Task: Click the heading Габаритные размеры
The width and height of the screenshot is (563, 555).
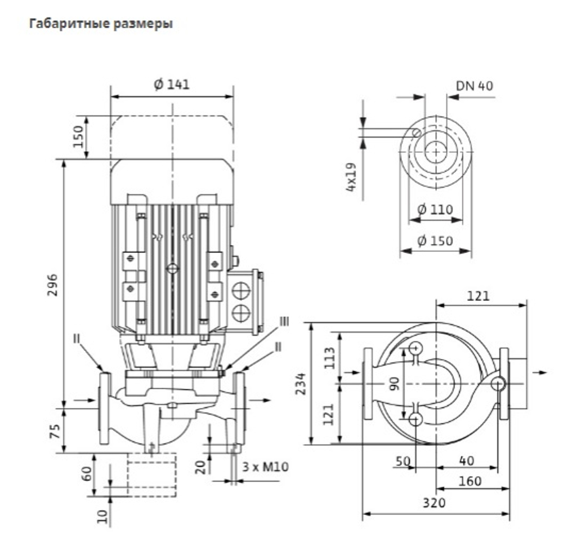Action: coord(101,24)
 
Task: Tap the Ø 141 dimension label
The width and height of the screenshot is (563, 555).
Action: coord(171,84)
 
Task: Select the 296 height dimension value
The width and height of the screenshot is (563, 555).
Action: coord(52,285)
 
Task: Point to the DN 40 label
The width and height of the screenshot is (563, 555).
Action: coord(474,86)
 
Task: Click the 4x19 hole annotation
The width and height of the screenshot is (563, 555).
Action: coord(351,177)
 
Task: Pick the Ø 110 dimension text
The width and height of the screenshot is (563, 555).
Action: coord(435,209)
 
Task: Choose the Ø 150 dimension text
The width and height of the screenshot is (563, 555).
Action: coord(435,241)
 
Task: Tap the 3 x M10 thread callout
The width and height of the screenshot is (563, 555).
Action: coord(265,467)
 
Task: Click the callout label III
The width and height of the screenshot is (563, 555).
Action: coord(284,321)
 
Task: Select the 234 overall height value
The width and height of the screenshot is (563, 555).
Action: coord(301,384)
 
